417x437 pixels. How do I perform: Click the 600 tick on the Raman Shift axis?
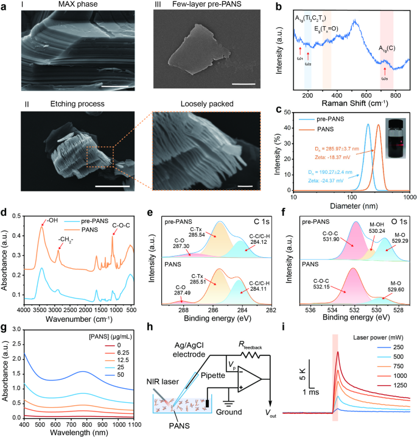[x=367, y=96]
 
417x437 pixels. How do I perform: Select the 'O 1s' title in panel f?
[x=398, y=214]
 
